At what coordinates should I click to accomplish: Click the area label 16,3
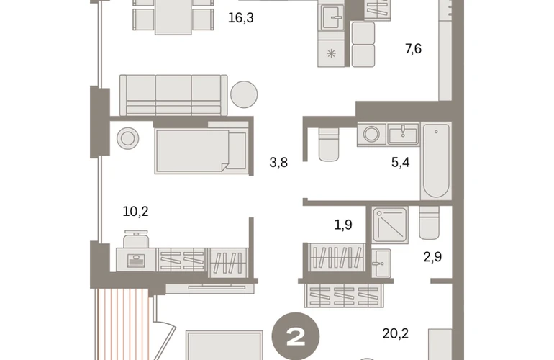[240, 18]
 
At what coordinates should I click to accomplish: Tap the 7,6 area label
[413, 48]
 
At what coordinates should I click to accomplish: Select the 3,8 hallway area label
[278, 163]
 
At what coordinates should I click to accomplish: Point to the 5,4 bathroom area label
[400, 162]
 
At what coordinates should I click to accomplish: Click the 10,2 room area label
[135, 212]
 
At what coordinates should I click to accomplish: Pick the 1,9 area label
[343, 225]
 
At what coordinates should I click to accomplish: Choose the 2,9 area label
[432, 257]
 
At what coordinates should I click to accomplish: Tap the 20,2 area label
[396, 333]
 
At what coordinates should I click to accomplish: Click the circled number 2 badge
[296, 336]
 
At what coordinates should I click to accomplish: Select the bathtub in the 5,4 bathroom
[436, 161]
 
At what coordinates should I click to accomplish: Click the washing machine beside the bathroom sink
[372, 134]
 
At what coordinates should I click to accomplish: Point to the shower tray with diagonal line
[390, 225]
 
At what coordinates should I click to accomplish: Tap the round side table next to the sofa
[244, 94]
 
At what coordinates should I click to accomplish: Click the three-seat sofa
[173, 95]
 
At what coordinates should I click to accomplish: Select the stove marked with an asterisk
[331, 53]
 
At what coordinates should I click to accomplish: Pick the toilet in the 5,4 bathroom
[329, 144]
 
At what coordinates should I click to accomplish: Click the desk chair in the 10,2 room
[136, 239]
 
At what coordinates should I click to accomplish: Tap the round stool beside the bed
[128, 138]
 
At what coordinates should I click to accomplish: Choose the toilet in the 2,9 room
[430, 222]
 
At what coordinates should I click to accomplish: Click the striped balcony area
[122, 324]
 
